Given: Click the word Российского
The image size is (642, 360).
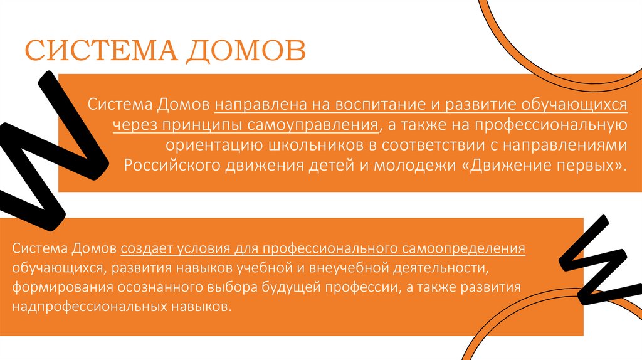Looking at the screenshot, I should tap(167, 166).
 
